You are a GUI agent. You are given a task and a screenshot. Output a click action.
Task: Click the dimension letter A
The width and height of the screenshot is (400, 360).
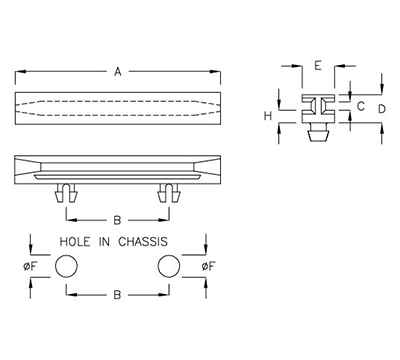(x=118, y=71)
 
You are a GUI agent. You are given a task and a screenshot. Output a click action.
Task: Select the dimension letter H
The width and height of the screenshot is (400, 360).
(x=268, y=116)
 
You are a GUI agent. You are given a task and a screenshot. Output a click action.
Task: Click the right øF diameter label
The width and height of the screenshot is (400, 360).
(x=207, y=266)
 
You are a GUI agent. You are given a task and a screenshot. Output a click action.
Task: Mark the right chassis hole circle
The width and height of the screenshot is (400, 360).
(x=167, y=266)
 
